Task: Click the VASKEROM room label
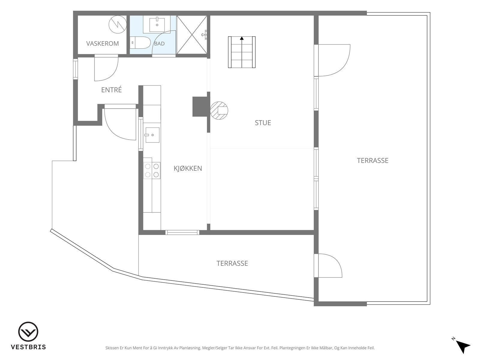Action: [102, 43]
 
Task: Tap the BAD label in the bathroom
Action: [159, 44]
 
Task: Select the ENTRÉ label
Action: [111, 90]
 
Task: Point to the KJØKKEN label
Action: [188, 168]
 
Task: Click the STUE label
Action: [263, 123]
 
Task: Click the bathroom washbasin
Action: [157, 25]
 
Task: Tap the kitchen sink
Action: [152, 135]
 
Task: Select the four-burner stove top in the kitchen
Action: [152, 170]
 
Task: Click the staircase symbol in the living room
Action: [241, 52]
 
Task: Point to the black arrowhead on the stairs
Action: [241, 38]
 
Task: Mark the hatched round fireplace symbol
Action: [219, 111]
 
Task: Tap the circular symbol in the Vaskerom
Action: [118, 25]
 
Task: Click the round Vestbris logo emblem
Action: [28, 331]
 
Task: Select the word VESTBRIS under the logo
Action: [28, 347]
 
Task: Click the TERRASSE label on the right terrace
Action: [373, 161]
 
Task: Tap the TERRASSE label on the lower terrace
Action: [232, 263]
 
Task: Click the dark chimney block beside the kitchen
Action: [200, 107]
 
